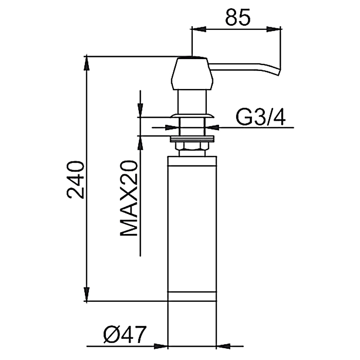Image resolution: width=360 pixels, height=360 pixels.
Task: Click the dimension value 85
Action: (238, 17)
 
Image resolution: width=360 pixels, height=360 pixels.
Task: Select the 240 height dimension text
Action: (75, 180)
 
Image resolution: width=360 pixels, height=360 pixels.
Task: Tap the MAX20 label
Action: (129, 198)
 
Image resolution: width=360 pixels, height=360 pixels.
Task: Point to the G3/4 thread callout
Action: (261, 117)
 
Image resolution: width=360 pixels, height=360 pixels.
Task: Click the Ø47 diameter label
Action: (124, 334)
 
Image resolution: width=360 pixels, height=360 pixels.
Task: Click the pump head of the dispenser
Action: (192, 73)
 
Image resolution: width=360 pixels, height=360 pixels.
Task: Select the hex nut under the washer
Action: (192, 146)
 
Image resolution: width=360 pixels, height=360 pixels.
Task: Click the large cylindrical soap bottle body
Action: (192, 228)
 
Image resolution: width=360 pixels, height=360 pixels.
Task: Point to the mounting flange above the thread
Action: (192, 116)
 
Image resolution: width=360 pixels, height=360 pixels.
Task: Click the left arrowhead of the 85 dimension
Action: (197, 29)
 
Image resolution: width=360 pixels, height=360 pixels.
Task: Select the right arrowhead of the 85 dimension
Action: (274, 29)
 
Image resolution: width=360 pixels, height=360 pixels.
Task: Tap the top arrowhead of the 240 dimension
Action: (86, 63)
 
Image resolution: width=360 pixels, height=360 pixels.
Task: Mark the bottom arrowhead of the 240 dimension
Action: (86, 294)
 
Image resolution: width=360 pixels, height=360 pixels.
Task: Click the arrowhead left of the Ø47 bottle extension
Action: (160, 346)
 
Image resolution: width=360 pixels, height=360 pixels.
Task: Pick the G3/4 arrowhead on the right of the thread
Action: (212, 128)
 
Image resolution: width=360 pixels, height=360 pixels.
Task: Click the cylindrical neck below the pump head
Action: (192, 102)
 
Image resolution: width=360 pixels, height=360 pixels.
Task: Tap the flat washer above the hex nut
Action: (192, 139)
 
